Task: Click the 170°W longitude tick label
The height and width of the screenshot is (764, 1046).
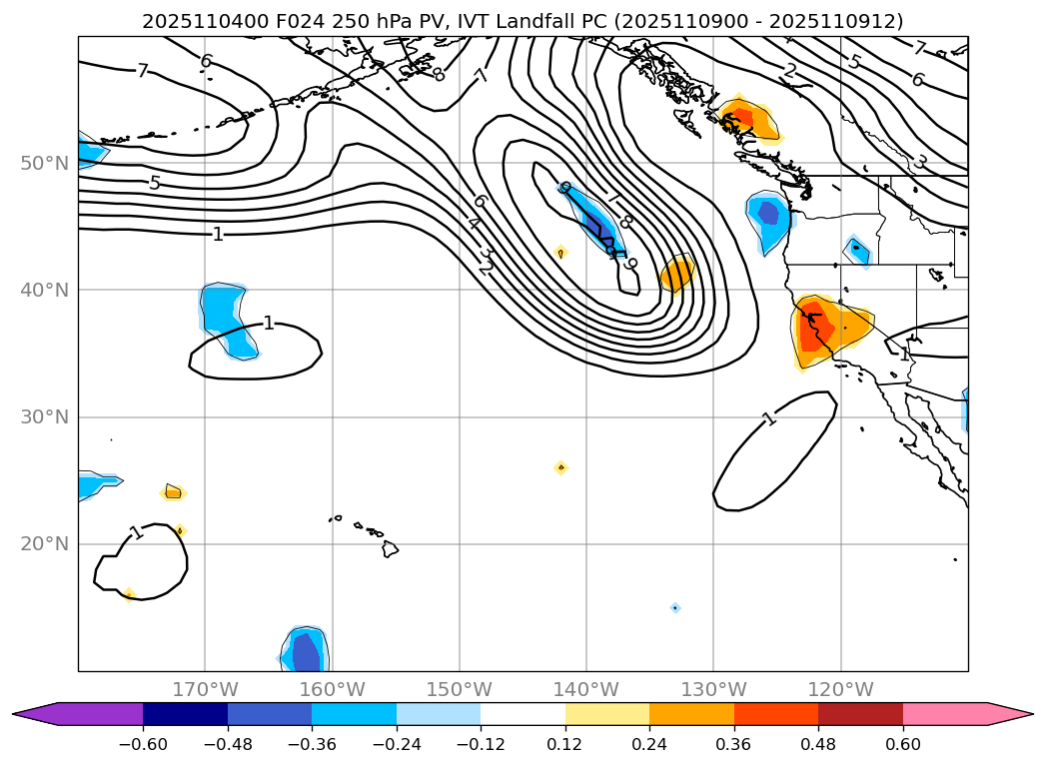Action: coord(205,689)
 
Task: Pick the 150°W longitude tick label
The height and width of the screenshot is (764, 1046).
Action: coord(459,689)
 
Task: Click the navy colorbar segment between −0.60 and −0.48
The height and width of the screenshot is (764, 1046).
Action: coord(185,713)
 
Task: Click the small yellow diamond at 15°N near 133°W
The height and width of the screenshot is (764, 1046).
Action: coord(675,607)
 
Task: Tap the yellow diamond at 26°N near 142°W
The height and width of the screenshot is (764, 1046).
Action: coord(560,467)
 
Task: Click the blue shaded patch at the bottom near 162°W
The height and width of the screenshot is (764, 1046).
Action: coord(305,651)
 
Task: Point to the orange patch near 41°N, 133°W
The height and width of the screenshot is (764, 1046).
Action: coord(676,273)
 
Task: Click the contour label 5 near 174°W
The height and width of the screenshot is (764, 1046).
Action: coord(155,183)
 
